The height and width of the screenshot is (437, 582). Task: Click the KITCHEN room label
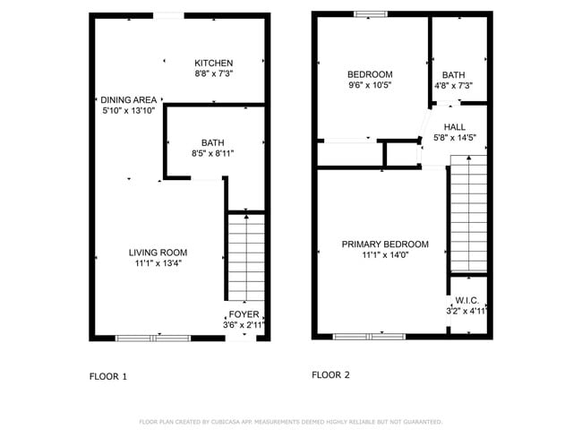[214, 63]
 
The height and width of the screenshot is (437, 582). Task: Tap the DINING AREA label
[129, 99]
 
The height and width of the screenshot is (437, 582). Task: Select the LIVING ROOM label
[158, 253]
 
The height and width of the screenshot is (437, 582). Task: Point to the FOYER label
[244, 314]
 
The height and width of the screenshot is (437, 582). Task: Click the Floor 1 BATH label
[213, 142]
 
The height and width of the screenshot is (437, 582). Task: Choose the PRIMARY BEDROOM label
[385, 244]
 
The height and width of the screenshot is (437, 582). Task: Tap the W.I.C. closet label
[466, 300]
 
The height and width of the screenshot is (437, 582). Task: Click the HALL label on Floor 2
[454, 127]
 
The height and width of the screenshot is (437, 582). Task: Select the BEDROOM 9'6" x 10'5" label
[370, 74]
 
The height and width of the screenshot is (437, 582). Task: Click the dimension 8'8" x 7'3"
[214, 74]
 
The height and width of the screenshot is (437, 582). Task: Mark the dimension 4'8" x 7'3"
[453, 86]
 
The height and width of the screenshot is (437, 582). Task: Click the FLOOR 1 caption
[108, 376]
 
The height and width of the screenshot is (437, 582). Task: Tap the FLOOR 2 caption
[330, 375]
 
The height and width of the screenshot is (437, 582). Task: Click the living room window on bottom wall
[153, 338]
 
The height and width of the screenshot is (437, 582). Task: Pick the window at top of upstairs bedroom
[370, 13]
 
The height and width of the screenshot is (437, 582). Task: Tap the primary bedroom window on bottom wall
[369, 336]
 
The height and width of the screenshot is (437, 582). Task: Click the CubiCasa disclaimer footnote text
[290, 421]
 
